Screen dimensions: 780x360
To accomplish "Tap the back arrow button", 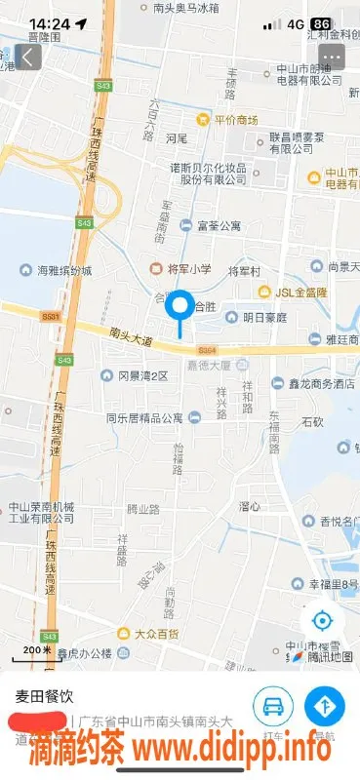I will (27, 57).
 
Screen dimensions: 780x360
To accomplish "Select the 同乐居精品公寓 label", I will (144, 417).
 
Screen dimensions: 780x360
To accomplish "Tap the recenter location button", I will (321, 620).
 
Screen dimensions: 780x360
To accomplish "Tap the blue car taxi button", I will (273, 705).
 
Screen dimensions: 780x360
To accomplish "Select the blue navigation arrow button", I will (324, 705).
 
